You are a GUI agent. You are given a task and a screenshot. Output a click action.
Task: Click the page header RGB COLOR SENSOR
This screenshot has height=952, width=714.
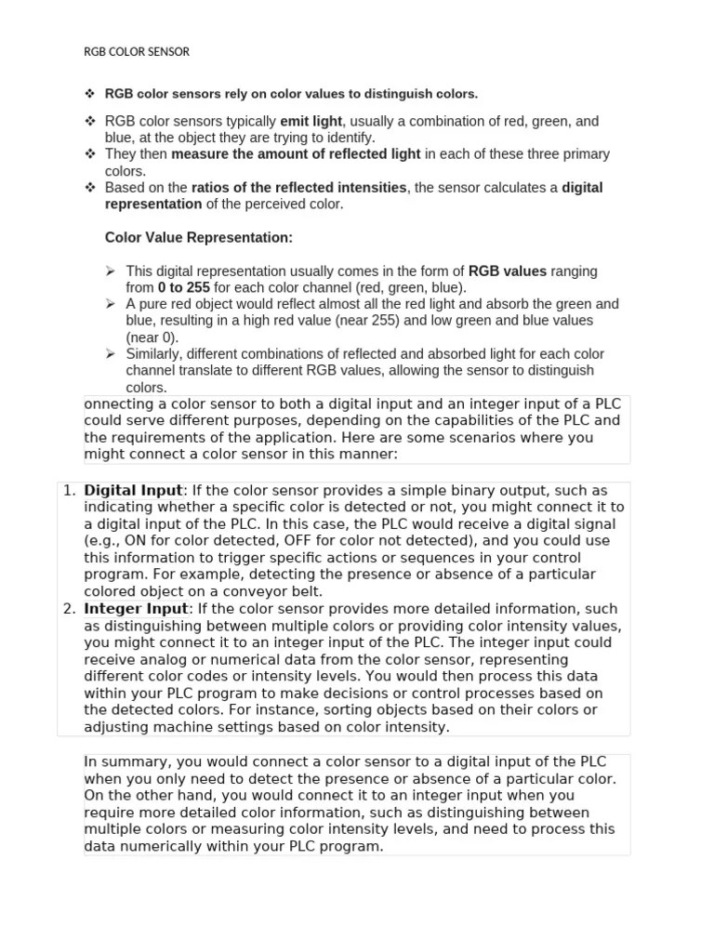137,52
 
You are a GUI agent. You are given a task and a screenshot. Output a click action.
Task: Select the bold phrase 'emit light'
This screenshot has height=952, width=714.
311,121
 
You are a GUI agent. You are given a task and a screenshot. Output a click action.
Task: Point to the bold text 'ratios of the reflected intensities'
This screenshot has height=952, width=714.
298,188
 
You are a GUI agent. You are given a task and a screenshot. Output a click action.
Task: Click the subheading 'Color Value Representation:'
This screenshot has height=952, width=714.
199,238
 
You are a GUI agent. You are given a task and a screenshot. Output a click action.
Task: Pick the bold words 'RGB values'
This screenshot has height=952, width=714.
508,271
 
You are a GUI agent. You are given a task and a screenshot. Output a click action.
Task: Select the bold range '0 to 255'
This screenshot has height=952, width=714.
184,288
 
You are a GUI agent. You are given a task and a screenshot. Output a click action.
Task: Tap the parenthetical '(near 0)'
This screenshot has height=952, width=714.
152,337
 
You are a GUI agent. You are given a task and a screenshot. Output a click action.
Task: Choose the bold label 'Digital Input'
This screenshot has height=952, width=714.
133,490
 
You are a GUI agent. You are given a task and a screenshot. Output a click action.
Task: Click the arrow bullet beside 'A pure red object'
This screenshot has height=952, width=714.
110,304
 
